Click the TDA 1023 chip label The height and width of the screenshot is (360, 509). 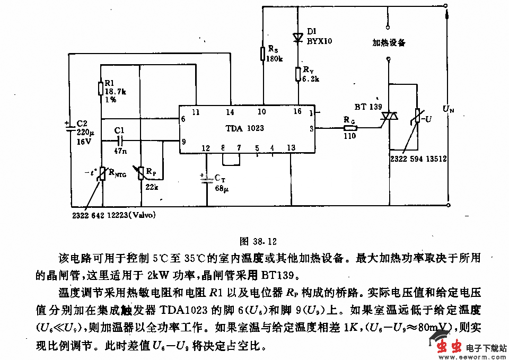point(244,128)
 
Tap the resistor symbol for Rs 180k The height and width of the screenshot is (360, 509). point(262,54)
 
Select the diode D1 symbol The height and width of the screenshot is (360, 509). point(299,37)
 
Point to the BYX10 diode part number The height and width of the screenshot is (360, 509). point(319,40)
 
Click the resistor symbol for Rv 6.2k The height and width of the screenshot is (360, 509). point(299,74)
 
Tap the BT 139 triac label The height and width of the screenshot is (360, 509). point(368,107)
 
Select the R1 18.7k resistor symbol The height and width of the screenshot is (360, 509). point(101,88)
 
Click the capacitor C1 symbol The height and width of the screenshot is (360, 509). point(120,141)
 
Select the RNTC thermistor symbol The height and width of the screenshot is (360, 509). point(101,174)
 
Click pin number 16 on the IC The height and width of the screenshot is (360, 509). point(298,112)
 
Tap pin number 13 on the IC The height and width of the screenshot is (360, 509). point(291,148)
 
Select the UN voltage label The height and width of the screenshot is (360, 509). point(449,110)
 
